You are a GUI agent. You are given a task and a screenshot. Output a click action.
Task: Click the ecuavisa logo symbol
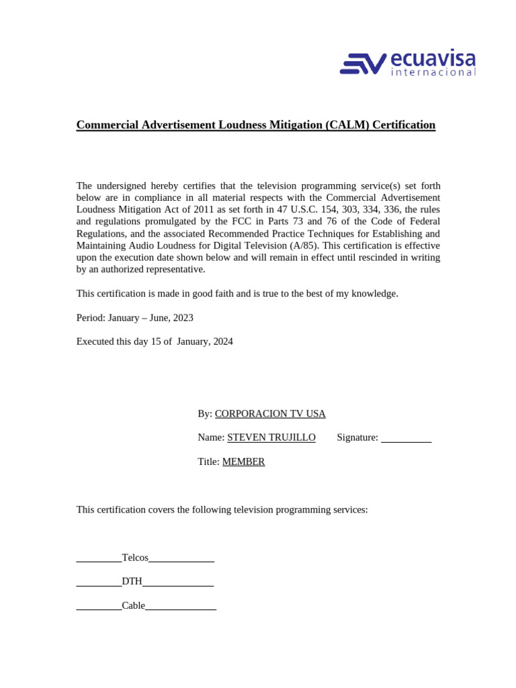click(x=363, y=64)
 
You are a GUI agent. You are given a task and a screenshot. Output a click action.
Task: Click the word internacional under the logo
click(x=433, y=73)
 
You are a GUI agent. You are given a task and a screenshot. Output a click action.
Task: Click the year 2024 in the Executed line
click(x=222, y=342)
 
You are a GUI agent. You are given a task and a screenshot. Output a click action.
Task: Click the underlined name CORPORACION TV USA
click(x=270, y=414)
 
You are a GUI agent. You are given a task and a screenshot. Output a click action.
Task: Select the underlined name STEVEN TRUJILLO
click(x=271, y=438)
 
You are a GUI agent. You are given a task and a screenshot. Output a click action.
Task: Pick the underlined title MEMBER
click(x=243, y=462)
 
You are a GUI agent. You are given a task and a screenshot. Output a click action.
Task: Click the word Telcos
click(x=135, y=558)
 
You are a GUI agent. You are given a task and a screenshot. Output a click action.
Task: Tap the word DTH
click(x=132, y=582)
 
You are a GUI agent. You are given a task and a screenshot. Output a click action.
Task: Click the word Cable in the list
click(x=133, y=606)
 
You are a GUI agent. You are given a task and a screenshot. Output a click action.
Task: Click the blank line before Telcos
click(x=99, y=560)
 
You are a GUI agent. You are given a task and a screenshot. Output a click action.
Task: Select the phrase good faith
click(x=208, y=294)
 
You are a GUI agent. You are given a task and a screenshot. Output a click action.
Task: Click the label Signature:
click(x=357, y=438)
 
